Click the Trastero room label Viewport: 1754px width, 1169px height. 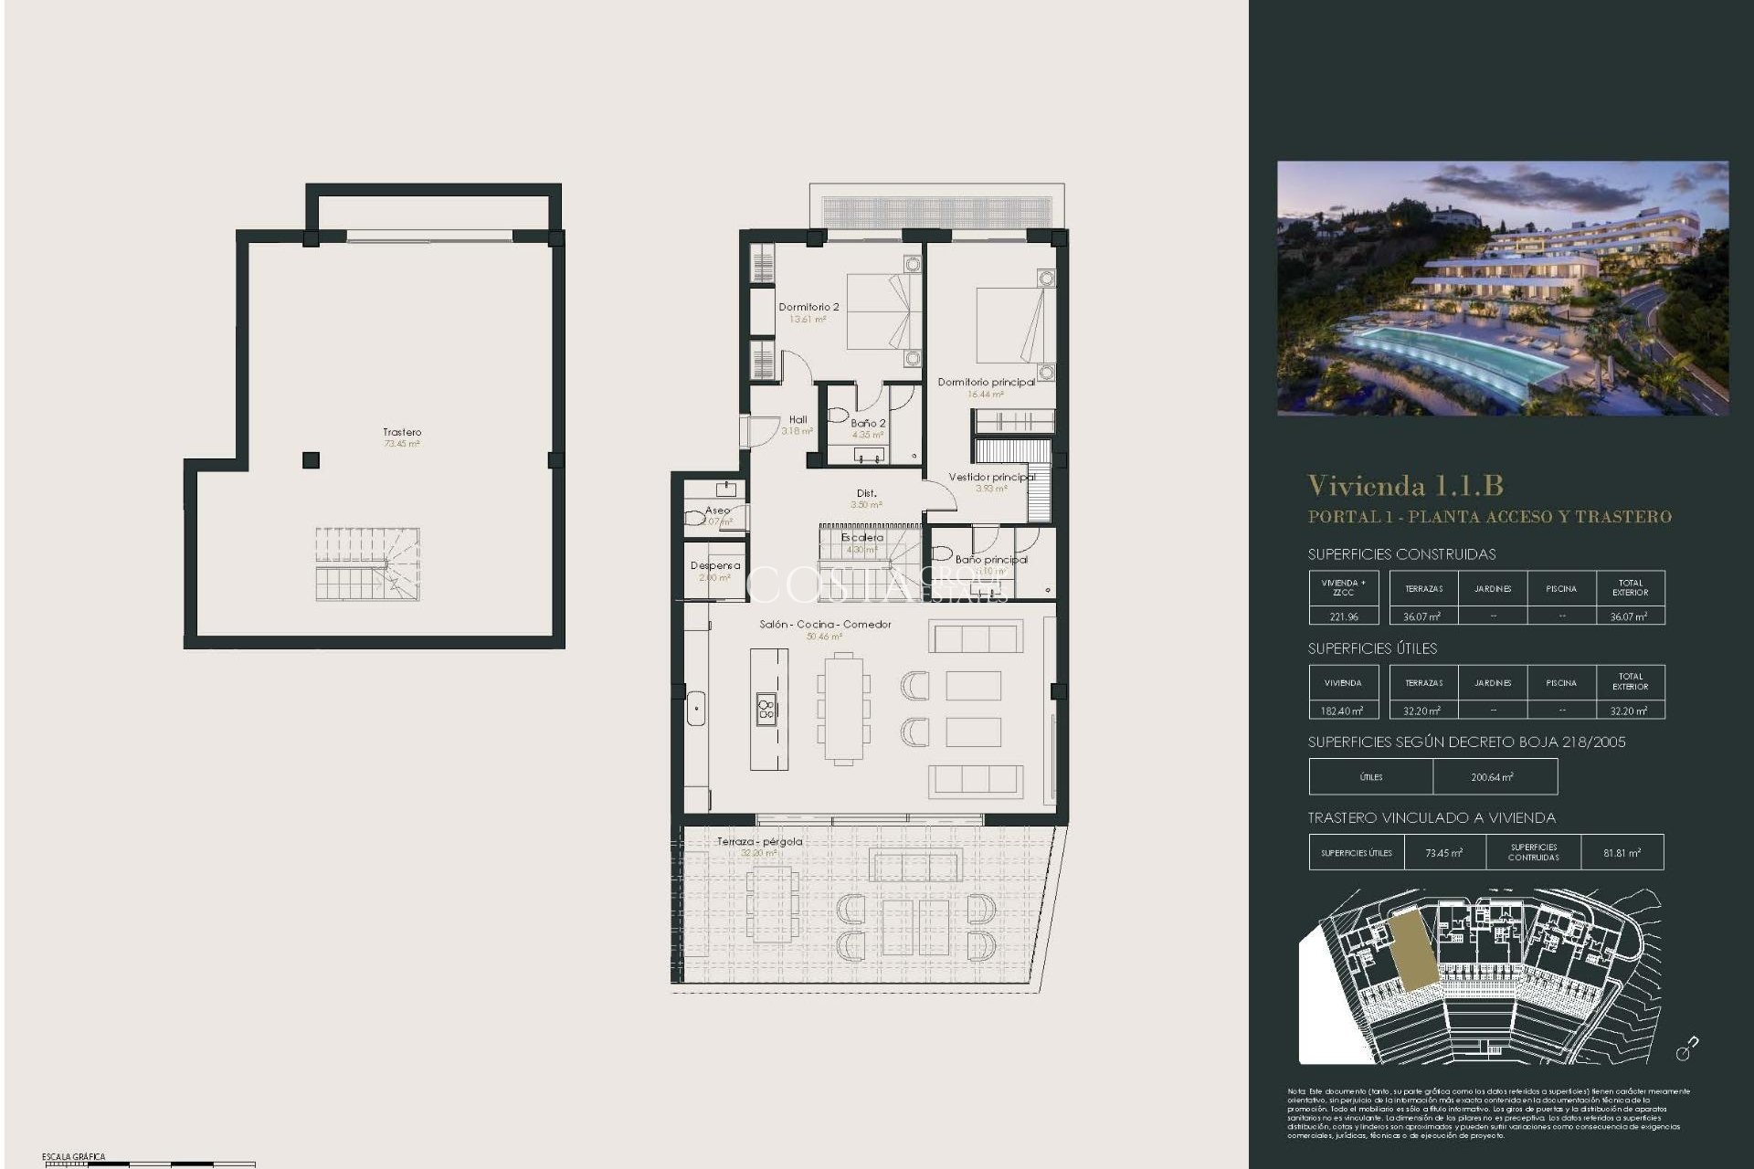click(x=402, y=432)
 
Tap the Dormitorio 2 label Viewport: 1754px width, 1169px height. click(x=808, y=307)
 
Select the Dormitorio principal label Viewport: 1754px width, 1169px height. click(x=986, y=382)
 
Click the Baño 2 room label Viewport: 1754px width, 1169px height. click(x=868, y=423)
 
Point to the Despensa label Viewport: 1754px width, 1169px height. click(x=715, y=565)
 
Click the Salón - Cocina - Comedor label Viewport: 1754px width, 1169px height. click(x=825, y=625)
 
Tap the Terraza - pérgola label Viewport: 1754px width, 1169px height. click(x=759, y=841)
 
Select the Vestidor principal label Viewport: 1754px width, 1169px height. click(x=991, y=477)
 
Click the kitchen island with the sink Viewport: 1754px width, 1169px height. click(x=768, y=709)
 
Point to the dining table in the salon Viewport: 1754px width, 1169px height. click(x=843, y=708)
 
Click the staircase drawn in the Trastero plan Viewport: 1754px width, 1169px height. click(x=367, y=564)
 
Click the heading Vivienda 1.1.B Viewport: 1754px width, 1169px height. click(x=1405, y=485)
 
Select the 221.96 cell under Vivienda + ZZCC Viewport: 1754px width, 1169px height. click(x=1343, y=616)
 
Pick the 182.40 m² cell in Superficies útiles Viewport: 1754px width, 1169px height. click(x=1343, y=711)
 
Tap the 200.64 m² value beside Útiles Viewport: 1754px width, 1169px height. click(x=1493, y=777)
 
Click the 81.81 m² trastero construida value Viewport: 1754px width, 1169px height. click(x=1622, y=853)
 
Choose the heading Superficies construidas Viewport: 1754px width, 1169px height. click(x=1401, y=554)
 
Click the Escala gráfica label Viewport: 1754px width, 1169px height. click(x=73, y=1157)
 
